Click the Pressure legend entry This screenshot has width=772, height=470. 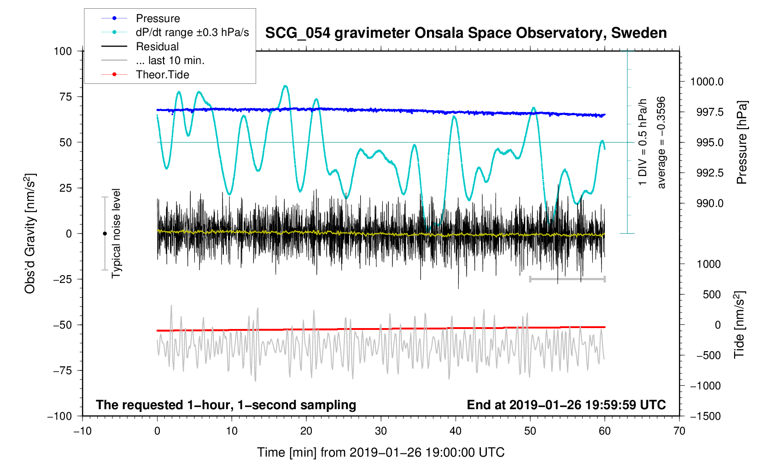[158, 18]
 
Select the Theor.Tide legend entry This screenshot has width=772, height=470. [162, 75]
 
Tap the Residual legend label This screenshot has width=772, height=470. [157, 47]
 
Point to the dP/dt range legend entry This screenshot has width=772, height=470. [192, 32]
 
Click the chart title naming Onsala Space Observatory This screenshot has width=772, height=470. [466, 33]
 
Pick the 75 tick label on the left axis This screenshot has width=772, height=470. [63, 97]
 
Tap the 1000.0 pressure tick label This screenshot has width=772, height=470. [707, 82]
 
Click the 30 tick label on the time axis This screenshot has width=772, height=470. [381, 431]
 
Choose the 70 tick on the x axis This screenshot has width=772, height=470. [679, 431]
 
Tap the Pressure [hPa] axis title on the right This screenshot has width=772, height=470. [742, 143]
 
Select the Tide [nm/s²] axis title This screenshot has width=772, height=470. [739, 325]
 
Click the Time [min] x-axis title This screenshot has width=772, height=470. [380, 452]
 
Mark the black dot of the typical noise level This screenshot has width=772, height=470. [105, 234]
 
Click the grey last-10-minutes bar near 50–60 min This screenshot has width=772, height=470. [567, 279]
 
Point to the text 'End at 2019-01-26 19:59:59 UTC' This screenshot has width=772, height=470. [566, 405]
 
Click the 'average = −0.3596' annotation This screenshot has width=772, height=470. [661, 143]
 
